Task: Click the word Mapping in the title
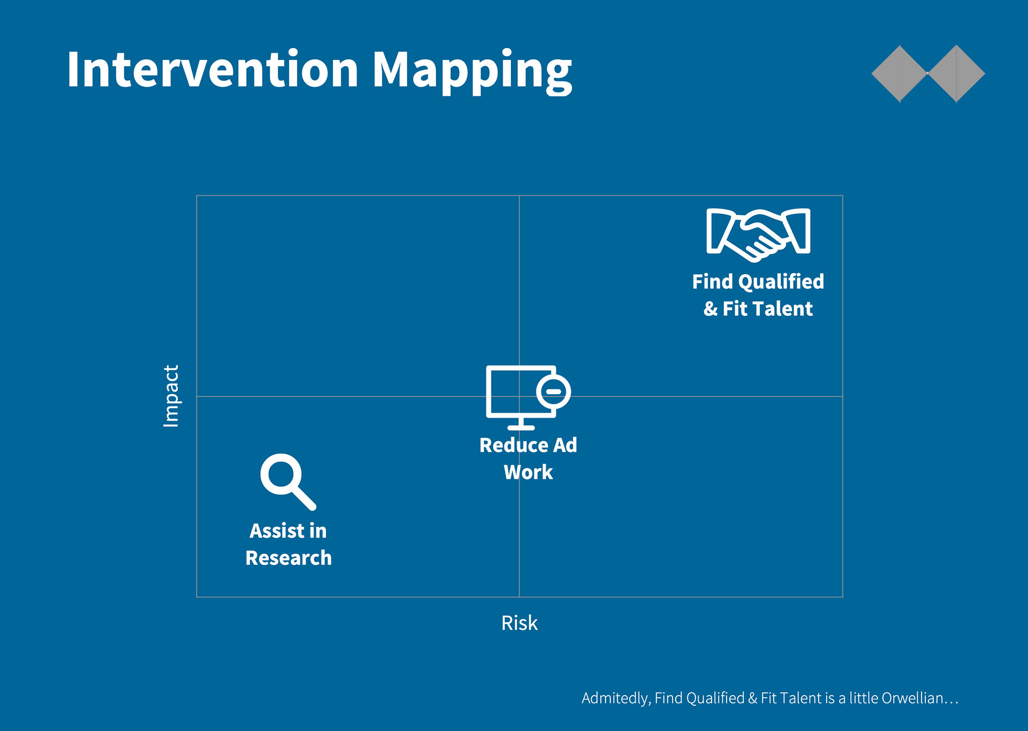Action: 472,72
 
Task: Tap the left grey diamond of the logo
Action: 899,73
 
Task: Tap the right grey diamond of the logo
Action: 956,73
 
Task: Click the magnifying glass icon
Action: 288,481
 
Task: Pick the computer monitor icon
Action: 528,397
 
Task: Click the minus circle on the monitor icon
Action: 554,391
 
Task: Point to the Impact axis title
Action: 171,396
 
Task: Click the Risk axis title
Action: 519,623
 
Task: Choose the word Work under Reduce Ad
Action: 528,472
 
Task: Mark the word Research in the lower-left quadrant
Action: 289,558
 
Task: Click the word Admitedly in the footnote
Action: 616,699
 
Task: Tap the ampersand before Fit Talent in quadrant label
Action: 710,309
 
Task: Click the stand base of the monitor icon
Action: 521,427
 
